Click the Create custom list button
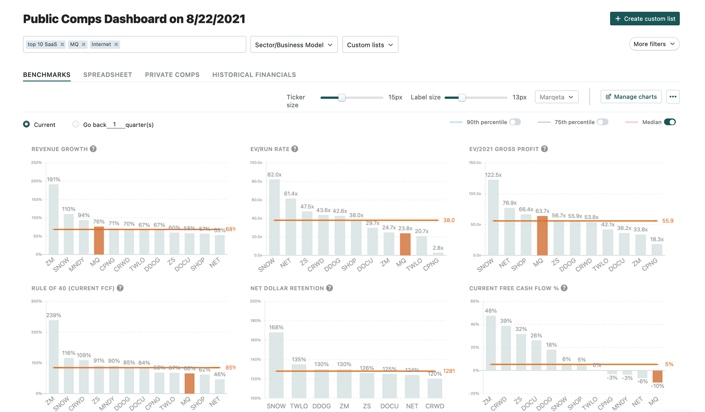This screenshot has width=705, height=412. tap(644, 19)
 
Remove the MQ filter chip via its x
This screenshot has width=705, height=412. tap(84, 44)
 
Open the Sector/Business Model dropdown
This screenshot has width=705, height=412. tap(294, 45)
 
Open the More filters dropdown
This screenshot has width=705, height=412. tap(654, 44)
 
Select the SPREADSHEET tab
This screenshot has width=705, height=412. tap(108, 75)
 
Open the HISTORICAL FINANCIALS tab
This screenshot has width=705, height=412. tap(254, 75)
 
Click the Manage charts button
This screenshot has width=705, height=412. tap(631, 97)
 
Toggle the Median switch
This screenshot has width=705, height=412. tap(669, 122)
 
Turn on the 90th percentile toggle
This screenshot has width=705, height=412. tap(515, 122)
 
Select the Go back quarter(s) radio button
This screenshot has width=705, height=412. tap(76, 124)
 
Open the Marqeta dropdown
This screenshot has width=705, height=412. tap(556, 97)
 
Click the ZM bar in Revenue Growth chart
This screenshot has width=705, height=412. tap(54, 219)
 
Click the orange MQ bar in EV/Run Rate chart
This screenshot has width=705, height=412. tap(405, 244)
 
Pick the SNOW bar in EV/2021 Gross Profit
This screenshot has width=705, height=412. tap(493, 217)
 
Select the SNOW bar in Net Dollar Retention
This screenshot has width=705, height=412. tap(276, 365)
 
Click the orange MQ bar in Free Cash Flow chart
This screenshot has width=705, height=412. tap(657, 376)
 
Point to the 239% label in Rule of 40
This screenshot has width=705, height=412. tap(54, 315)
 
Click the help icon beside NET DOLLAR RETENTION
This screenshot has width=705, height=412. tap(329, 288)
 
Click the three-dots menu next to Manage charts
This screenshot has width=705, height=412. tap(673, 97)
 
